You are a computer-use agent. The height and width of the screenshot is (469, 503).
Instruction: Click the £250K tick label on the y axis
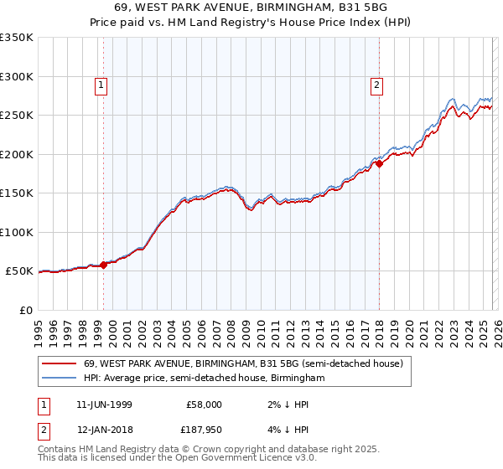coord(16,116)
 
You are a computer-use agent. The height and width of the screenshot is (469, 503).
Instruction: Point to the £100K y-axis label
coord(16,232)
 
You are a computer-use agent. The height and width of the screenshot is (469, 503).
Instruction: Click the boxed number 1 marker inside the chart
coord(101,84)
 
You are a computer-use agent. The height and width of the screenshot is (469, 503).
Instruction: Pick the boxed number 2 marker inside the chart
coord(376,84)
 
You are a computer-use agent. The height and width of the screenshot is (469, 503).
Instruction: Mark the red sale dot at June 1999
coord(104,265)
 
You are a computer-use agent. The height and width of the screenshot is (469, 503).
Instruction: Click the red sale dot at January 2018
coord(379,164)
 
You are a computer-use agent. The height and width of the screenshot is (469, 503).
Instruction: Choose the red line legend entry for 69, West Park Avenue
coord(243,363)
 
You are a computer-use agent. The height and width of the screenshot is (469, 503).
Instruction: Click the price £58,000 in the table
coord(205,404)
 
